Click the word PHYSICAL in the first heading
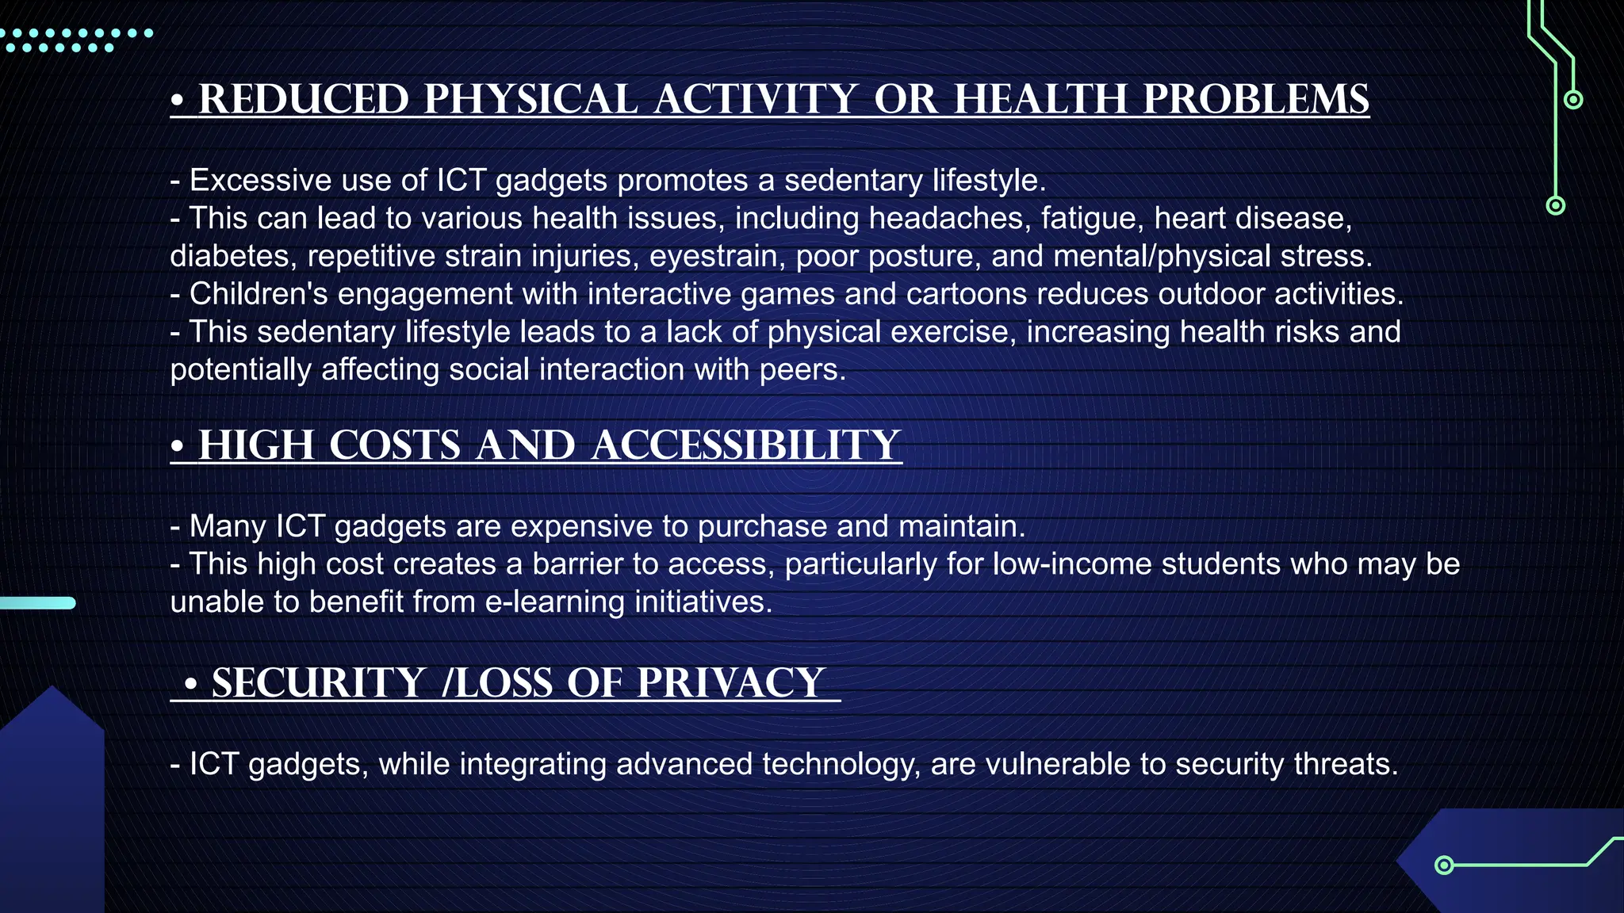coord(530,100)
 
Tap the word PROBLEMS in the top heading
coord(1256,100)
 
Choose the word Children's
coord(259,294)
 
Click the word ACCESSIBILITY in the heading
coord(746,445)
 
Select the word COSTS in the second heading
coord(395,445)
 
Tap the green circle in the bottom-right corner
coord(1445,865)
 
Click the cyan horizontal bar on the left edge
coord(38,603)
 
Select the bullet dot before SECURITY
coord(190,684)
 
